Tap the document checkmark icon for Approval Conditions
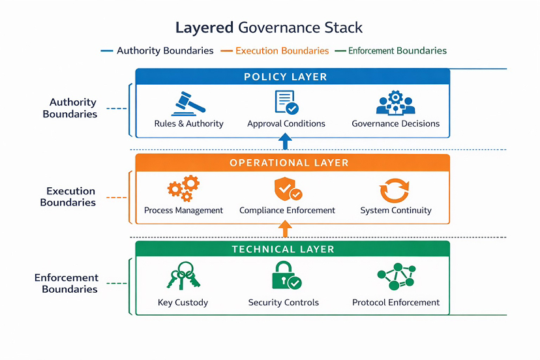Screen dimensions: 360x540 click(x=286, y=103)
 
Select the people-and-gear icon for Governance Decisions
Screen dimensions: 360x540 click(x=395, y=103)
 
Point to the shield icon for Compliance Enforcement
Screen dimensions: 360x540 click(x=287, y=189)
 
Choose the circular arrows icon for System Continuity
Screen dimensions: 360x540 click(x=395, y=190)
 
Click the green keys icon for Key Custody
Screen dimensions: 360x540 click(x=183, y=276)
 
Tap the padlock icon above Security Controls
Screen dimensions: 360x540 click(x=285, y=277)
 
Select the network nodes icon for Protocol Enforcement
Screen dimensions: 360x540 click(x=396, y=277)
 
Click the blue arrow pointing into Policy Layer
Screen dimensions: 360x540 click(x=284, y=142)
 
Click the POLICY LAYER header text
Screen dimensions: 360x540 click(x=286, y=77)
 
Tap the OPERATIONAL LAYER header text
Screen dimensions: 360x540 click(x=289, y=162)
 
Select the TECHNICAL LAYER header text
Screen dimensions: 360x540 click(x=283, y=249)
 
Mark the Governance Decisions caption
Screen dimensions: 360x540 click(x=395, y=123)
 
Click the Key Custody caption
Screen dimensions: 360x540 click(x=183, y=303)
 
